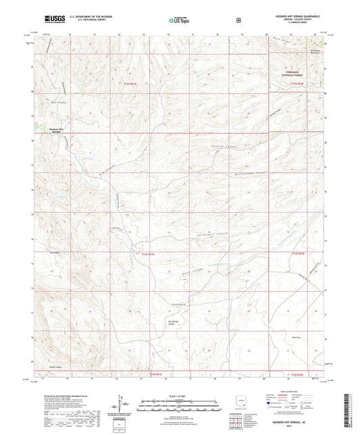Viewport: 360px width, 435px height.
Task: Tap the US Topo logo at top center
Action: pos(177,21)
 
